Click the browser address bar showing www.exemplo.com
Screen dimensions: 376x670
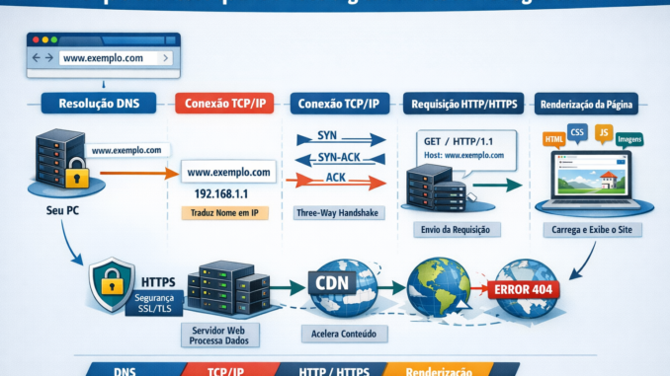click(x=115, y=59)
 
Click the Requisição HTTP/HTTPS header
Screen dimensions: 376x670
click(x=461, y=102)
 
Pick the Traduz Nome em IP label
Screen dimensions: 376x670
click(x=226, y=213)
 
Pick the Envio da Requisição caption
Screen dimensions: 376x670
click(x=457, y=229)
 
